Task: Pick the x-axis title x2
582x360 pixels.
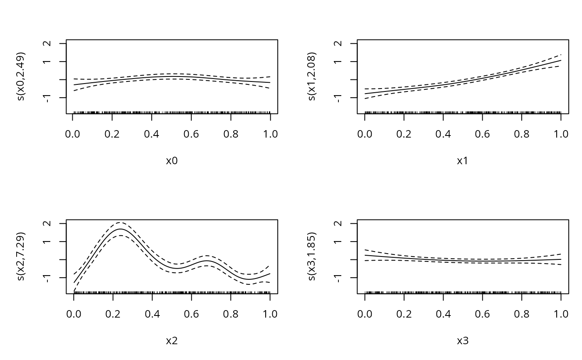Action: coord(172,341)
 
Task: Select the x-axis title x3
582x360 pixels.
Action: coord(463,341)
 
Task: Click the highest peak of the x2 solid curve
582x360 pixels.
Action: coord(121,229)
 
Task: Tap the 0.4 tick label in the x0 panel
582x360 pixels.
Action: coord(152,134)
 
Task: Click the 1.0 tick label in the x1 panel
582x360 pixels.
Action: coord(561,134)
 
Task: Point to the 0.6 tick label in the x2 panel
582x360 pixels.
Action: coord(191,314)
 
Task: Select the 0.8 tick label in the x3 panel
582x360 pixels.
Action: coord(521,314)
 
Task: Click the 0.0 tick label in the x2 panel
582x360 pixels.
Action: coord(74,314)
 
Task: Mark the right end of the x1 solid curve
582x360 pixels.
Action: coord(561,60)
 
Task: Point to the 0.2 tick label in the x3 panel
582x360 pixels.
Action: coord(404,314)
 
